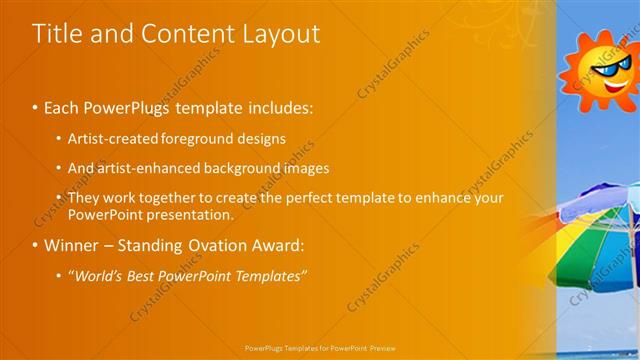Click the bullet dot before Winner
pos(35,245)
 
